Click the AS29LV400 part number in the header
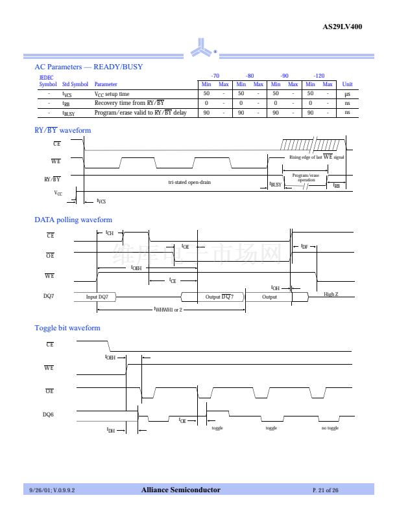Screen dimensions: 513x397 (x=343, y=27)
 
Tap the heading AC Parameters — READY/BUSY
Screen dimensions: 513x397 (x=88, y=67)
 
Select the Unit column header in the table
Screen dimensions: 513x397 (x=347, y=84)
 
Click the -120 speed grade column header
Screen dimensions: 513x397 (x=319, y=76)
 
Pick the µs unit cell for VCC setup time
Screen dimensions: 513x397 (x=347, y=94)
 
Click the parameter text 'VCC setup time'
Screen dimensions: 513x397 (x=112, y=94)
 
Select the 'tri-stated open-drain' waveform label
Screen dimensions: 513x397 (x=189, y=182)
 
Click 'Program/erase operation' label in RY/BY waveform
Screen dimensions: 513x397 (x=306, y=177)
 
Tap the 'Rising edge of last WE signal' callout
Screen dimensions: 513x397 (x=317, y=157)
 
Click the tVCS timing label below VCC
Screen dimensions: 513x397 (x=101, y=201)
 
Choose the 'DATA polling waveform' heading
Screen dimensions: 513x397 (x=73, y=220)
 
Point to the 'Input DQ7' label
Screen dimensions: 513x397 (x=101, y=297)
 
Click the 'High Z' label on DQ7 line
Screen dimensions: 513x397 (x=331, y=295)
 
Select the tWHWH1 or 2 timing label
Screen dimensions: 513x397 (x=168, y=310)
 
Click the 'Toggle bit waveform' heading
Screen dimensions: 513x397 (x=67, y=328)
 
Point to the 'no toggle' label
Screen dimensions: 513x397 (x=330, y=428)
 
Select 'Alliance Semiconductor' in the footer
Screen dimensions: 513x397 (x=181, y=490)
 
